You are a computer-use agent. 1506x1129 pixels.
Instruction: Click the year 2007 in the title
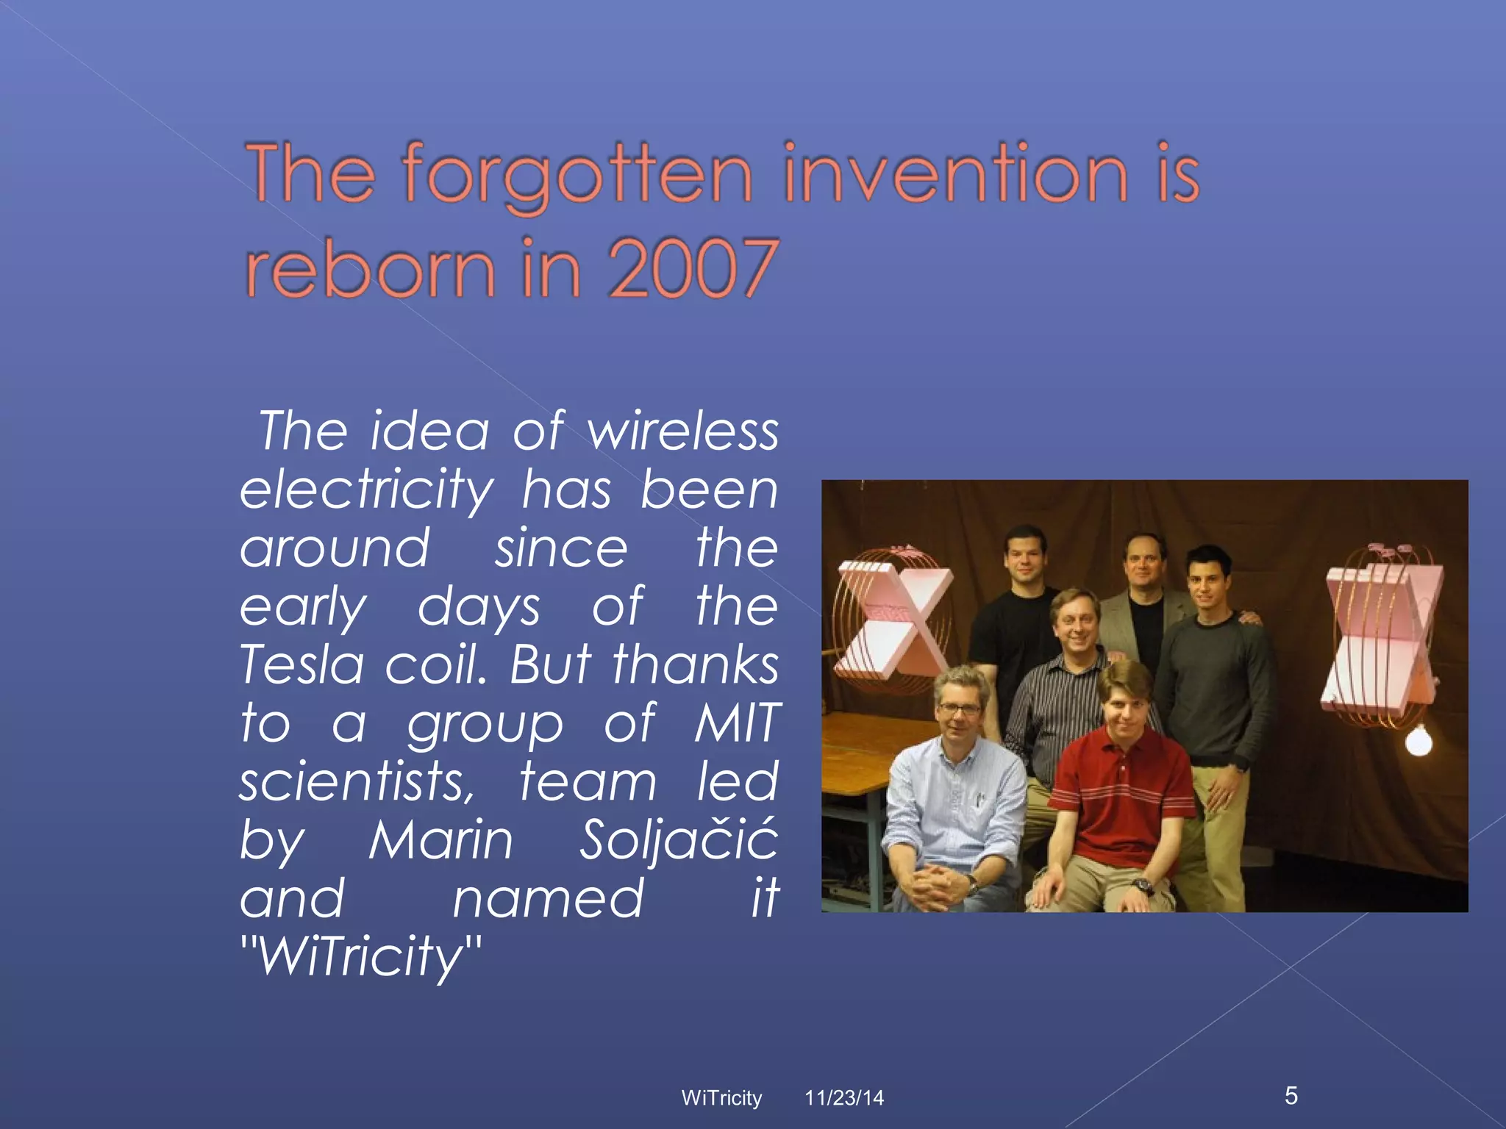click(693, 269)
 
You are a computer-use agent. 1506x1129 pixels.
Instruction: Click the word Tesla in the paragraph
click(302, 664)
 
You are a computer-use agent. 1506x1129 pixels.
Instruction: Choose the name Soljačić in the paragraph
click(678, 839)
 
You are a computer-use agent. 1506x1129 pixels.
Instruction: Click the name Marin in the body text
click(440, 839)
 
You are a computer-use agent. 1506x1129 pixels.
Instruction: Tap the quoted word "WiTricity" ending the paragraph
click(361, 957)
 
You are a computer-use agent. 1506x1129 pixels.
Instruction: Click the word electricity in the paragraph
click(367, 490)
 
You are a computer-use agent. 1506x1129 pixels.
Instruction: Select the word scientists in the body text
click(357, 781)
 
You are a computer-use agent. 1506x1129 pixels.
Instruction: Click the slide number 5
click(1291, 1096)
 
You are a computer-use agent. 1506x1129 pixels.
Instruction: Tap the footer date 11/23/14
click(844, 1098)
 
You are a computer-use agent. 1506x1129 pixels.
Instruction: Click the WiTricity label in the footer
click(721, 1098)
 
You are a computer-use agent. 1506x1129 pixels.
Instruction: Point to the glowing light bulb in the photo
click(1418, 741)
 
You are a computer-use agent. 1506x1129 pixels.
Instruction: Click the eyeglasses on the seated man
click(960, 709)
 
